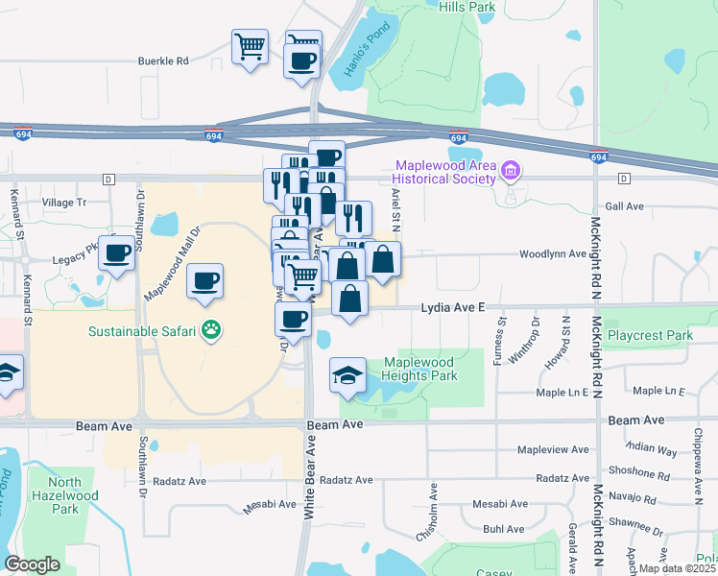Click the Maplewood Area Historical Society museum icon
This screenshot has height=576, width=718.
(511, 173)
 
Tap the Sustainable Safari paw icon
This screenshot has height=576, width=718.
(212, 332)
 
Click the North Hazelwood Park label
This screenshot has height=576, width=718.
(64, 495)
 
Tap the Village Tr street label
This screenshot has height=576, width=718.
(64, 203)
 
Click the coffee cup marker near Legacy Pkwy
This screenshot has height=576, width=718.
(117, 253)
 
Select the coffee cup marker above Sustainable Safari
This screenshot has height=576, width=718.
(204, 281)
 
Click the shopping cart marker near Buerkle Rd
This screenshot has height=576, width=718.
(250, 45)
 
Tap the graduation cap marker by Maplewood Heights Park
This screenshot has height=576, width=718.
(347, 375)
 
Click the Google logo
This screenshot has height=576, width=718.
(33, 564)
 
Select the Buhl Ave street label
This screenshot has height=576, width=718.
(504, 529)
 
